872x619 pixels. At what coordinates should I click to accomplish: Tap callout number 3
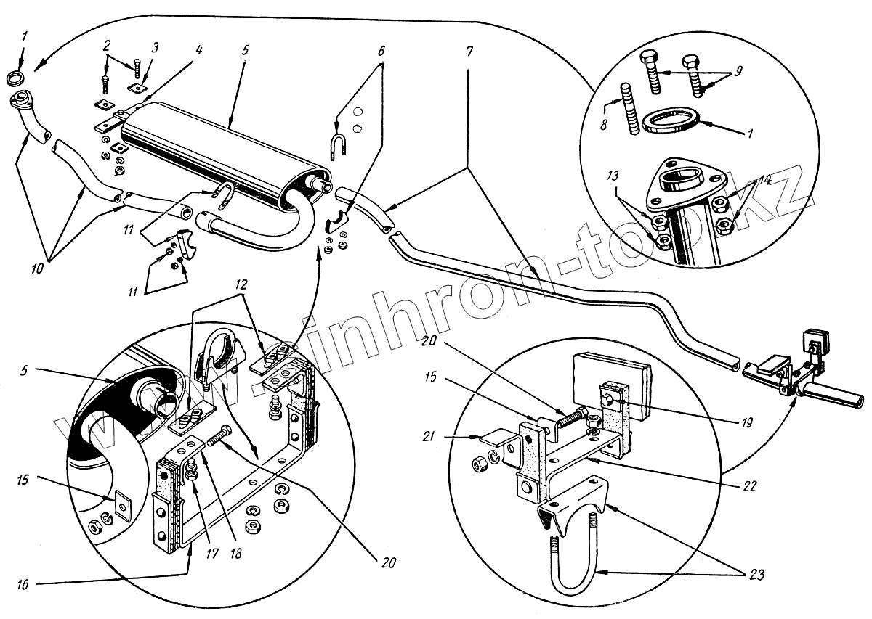point(153,47)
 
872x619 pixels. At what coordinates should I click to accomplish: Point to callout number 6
point(381,52)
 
